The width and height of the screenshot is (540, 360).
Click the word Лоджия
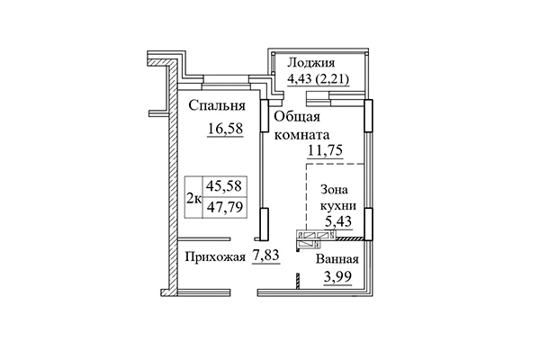pos(310,63)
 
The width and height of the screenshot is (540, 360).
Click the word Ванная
pos(337,260)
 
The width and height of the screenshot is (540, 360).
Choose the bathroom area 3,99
pos(337,277)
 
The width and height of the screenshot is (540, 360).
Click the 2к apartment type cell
pos(193,199)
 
